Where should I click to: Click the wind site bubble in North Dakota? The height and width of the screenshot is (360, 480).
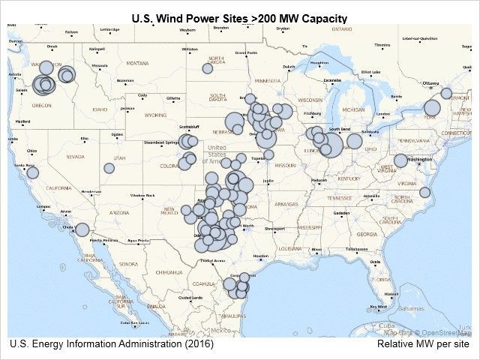click(208, 68)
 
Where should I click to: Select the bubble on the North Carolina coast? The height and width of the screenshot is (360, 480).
click(424, 192)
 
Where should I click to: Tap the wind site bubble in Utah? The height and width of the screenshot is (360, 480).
click(109, 168)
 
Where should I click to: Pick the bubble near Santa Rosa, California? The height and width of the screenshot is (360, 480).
click(33, 172)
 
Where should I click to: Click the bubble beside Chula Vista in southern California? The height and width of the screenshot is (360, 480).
click(82, 229)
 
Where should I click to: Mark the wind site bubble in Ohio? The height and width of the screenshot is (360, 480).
click(354, 140)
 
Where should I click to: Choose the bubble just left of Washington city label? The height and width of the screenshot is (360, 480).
click(401, 160)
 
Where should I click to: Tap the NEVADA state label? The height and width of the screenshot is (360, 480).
click(76, 157)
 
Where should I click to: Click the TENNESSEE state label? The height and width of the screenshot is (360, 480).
click(339, 197)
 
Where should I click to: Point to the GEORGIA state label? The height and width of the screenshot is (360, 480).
click(367, 234)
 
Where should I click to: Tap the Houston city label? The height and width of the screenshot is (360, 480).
click(260, 256)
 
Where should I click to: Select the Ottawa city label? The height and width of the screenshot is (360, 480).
click(430, 83)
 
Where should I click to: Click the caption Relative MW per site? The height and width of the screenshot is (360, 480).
click(424, 344)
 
